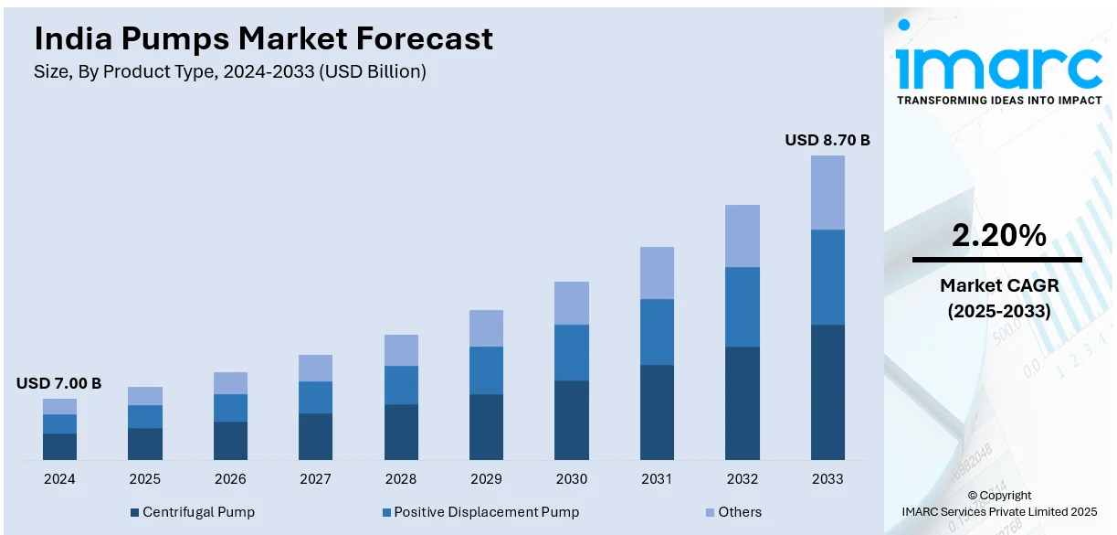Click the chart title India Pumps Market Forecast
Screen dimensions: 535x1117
coord(263,38)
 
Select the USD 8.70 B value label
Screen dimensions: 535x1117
coord(827,141)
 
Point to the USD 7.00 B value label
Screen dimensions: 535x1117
coord(58,383)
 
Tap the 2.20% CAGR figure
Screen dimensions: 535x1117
coord(998,236)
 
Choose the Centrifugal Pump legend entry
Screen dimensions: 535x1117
coord(193,512)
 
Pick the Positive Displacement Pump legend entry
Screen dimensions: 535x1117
coord(480,512)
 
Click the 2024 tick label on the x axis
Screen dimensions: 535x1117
coord(59,478)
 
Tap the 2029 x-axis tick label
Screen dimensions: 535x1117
coord(486,478)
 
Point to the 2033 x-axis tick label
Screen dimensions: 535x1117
coord(827,478)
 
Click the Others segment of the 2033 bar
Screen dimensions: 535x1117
coord(827,192)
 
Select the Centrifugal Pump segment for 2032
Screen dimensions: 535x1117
coord(743,402)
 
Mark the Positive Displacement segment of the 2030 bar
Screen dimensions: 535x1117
coord(572,352)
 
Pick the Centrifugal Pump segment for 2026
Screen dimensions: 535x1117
coord(230,440)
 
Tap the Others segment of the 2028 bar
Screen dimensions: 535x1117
coord(401,350)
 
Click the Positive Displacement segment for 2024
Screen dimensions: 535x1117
coord(59,423)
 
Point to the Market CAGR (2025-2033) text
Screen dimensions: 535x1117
coord(998,298)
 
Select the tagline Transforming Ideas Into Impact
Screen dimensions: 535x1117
coord(999,101)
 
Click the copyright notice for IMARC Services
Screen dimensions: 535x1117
coord(999,503)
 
